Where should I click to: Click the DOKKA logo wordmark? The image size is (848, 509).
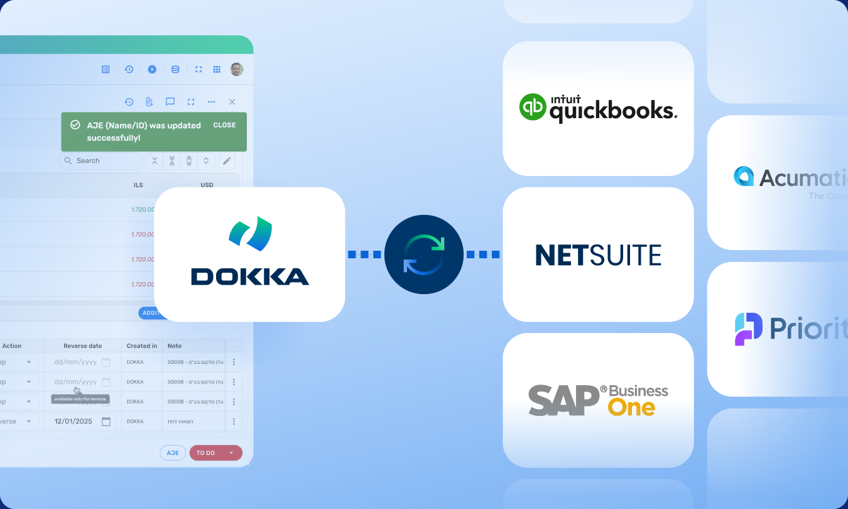250,276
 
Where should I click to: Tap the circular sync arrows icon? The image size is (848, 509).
423,255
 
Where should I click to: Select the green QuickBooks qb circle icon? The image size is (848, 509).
533,107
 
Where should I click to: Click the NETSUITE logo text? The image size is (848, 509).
598,255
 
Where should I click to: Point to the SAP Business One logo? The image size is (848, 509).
598,400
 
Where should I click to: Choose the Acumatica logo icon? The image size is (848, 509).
744,177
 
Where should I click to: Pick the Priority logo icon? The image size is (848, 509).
749,329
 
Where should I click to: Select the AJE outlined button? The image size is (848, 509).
173,453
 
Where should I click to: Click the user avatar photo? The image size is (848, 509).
236,69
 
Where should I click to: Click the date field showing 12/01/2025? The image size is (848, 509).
82,421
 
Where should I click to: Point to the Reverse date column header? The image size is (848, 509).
82,346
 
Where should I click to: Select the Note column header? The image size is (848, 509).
175,346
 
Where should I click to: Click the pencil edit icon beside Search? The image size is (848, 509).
227,161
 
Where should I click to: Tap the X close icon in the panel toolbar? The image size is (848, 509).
232,102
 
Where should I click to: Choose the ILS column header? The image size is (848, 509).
138,185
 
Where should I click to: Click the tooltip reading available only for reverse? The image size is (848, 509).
80,399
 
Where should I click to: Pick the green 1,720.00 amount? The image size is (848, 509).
143,209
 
